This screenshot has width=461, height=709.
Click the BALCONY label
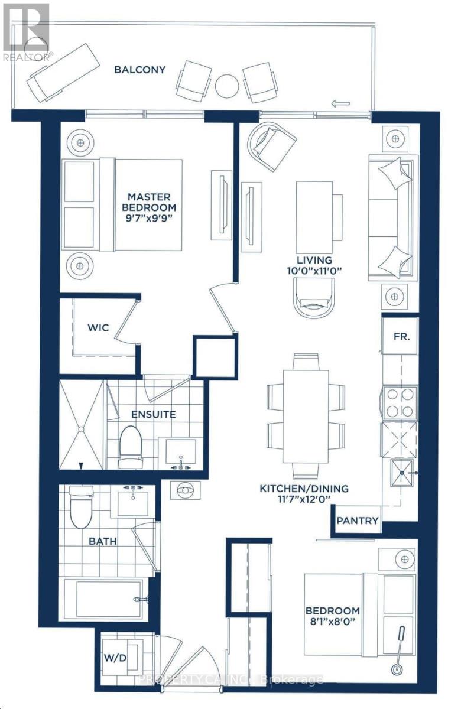[x=140, y=70]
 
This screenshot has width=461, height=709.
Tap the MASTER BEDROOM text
[x=149, y=201]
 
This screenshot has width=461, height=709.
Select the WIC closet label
[x=99, y=327]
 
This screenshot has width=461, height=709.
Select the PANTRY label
[x=357, y=521]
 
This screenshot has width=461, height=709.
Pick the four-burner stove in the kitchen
[x=400, y=402]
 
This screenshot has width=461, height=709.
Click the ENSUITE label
[x=154, y=414]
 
